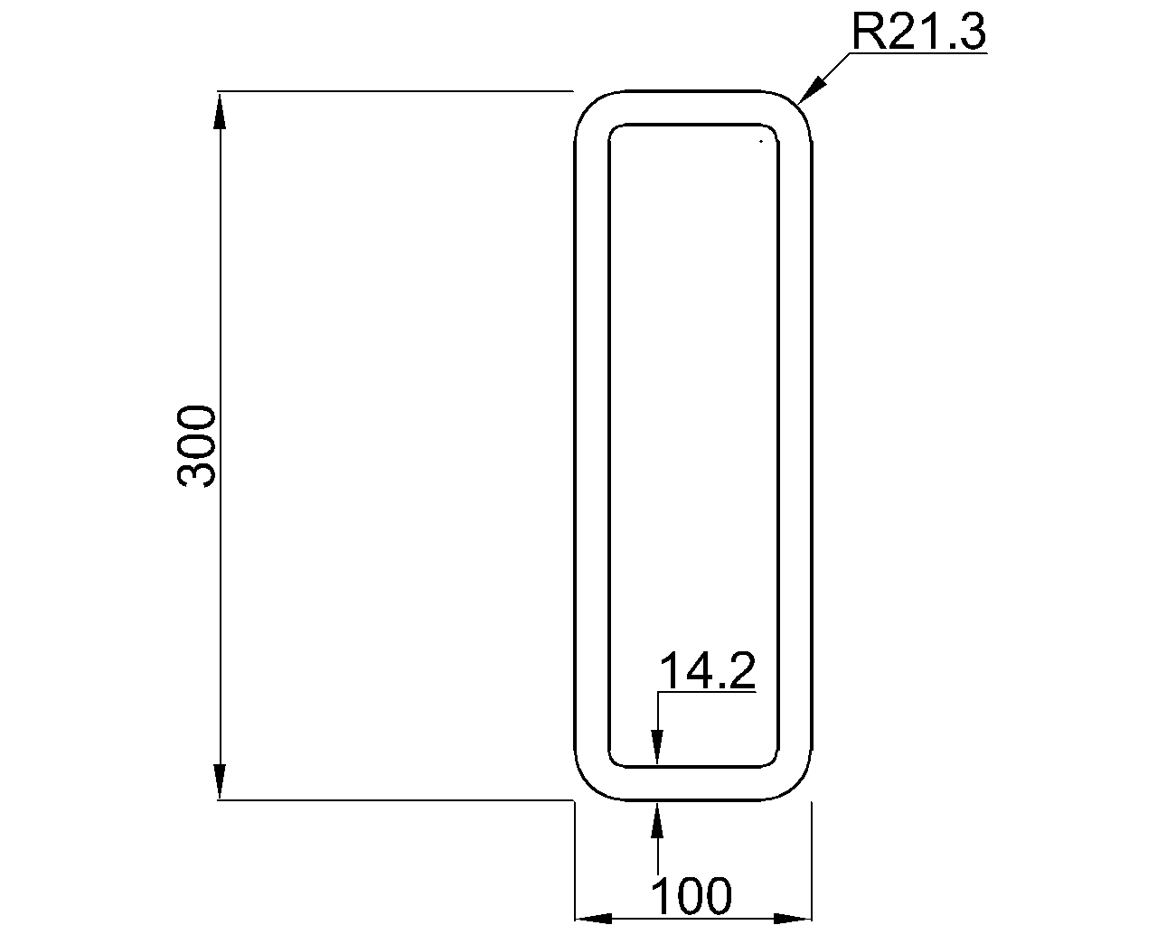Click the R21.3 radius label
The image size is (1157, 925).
point(918,33)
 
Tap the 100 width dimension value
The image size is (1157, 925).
point(691,896)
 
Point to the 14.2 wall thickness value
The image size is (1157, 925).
point(707,671)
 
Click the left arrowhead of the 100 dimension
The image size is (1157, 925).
point(595,918)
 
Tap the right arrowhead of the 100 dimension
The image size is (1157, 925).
point(793,918)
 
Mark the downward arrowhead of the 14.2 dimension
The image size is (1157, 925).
point(658,749)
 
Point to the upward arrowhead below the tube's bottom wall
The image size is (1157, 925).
point(658,818)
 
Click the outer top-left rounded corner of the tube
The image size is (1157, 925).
point(587,103)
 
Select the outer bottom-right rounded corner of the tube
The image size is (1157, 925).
point(800,789)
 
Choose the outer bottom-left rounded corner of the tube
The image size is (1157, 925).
point(587,789)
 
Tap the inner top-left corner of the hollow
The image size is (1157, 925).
point(614,128)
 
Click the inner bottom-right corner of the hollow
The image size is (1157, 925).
point(775,763)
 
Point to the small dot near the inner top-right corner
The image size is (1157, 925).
point(762,141)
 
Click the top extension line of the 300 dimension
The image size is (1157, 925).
point(398,91)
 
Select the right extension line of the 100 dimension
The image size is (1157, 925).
point(812,858)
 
